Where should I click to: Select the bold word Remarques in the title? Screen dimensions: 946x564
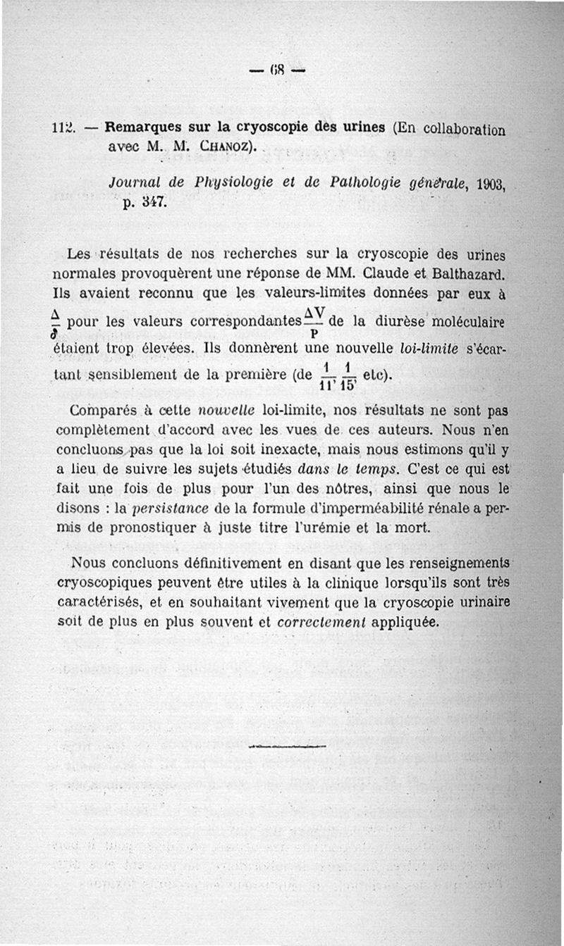[x=138, y=127]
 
